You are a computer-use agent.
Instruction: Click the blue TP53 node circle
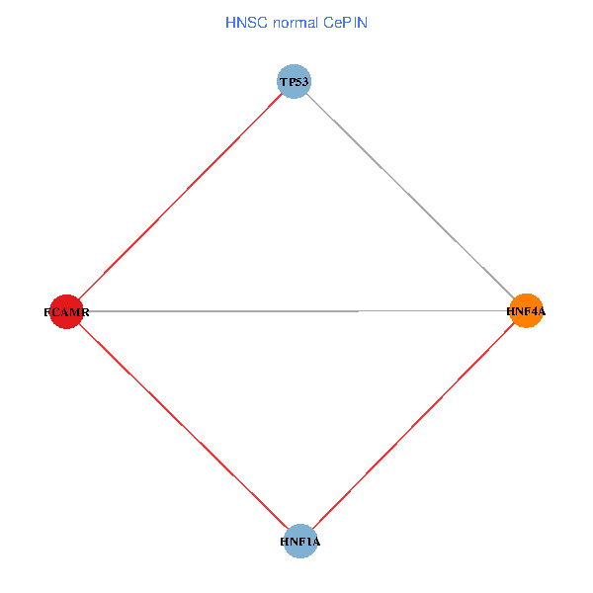[295, 81]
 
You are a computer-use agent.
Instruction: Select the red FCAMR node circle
[65, 311]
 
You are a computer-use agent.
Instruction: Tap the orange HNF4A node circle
[525, 311]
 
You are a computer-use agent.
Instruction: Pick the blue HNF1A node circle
[299, 542]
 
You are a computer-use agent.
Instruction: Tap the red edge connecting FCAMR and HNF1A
[182, 426]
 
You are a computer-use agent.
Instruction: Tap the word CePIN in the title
[344, 22]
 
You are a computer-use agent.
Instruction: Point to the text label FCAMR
[67, 312]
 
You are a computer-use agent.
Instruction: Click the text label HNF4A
[526, 311]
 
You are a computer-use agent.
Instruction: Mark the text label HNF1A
[300, 543]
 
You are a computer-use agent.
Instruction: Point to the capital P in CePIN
[349, 22]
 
